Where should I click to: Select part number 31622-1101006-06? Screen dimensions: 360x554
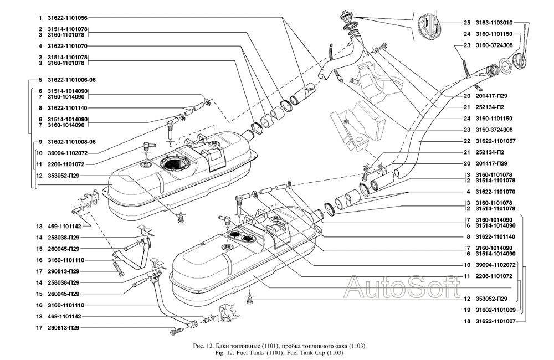tap(71, 79)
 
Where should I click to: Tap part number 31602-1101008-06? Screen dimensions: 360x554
tap(71, 141)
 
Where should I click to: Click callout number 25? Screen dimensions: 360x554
tap(467, 23)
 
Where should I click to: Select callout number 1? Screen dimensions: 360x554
tap(40, 17)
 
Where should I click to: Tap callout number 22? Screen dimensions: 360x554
tap(467, 141)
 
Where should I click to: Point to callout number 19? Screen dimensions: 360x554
tap(467, 310)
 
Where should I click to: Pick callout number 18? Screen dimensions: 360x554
tap(467, 321)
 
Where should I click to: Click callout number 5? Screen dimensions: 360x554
tap(40, 79)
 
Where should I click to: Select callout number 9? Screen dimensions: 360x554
tap(40, 141)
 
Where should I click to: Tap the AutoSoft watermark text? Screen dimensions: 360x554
tap(403, 286)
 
